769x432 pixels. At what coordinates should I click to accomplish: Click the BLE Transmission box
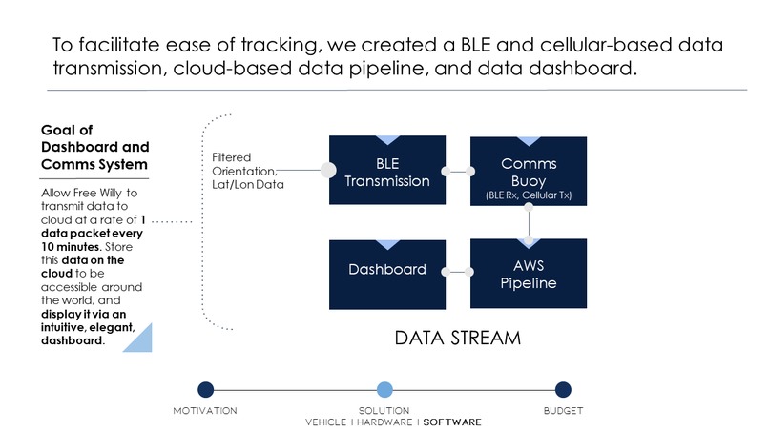[387, 170]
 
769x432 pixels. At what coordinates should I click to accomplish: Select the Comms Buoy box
[529, 171]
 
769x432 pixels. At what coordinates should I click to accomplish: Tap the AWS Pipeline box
[529, 274]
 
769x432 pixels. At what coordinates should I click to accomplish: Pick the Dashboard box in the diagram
[387, 275]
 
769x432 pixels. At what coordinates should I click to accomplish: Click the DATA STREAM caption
[458, 339]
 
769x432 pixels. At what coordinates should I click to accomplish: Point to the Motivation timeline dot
[206, 390]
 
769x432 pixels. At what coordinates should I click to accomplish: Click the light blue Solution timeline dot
[384, 390]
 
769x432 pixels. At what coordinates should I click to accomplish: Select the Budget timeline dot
[563, 390]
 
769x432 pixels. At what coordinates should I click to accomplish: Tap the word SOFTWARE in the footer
[452, 422]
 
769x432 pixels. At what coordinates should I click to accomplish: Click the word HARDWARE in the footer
[384, 422]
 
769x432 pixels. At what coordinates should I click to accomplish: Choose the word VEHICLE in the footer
[325, 422]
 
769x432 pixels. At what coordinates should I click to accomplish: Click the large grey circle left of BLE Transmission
[328, 170]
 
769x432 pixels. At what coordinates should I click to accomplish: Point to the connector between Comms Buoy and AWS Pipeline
[529, 223]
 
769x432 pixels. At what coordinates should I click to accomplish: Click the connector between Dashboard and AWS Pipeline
[458, 272]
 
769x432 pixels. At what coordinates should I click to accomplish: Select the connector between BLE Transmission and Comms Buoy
[458, 171]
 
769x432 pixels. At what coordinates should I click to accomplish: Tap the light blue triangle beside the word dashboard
[137, 338]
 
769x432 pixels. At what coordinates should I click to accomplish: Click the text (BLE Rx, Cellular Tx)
[529, 195]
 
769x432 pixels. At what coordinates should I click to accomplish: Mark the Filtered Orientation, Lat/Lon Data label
[248, 171]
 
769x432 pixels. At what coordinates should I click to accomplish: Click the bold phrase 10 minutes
[71, 247]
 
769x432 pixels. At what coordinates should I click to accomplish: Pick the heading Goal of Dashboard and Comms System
[94, 147]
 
